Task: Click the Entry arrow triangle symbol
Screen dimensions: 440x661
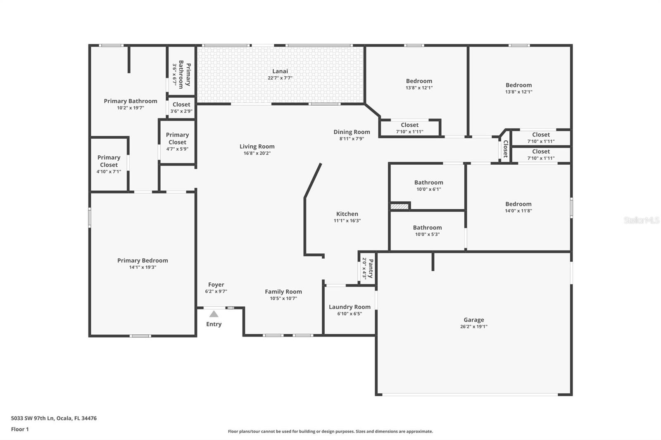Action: coord(214,314)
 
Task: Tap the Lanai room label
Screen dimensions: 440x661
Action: coord(280,71)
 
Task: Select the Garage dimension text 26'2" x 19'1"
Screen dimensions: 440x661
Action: coord(473,326)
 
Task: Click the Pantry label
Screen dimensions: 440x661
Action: coord(371,268)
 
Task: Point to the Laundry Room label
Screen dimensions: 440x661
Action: coord(350,307)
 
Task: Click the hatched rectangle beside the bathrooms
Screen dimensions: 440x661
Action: coord(399,206)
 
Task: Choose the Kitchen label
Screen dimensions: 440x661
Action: coord(347,214)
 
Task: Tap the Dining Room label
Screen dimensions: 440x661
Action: coord(352,132)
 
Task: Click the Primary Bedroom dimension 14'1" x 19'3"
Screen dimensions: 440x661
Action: coord(143,267)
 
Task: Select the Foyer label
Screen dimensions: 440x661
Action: coord(216,285)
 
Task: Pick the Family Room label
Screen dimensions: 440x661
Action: coord(283,291)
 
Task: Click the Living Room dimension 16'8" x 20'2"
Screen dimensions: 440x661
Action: coord(257,153)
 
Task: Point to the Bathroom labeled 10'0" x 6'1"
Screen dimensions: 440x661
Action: coord(428,182)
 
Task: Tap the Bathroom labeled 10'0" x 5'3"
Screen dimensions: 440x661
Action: coord(427,227)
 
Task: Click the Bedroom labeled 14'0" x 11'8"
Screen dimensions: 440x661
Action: coord(518,204)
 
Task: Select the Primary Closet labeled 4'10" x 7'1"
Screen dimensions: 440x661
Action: coord(109,161)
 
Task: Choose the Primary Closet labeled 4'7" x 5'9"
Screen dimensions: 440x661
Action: coord(177,138)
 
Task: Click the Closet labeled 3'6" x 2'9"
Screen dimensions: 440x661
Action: coord(181,104)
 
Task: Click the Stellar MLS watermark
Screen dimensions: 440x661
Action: coord(641,220)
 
